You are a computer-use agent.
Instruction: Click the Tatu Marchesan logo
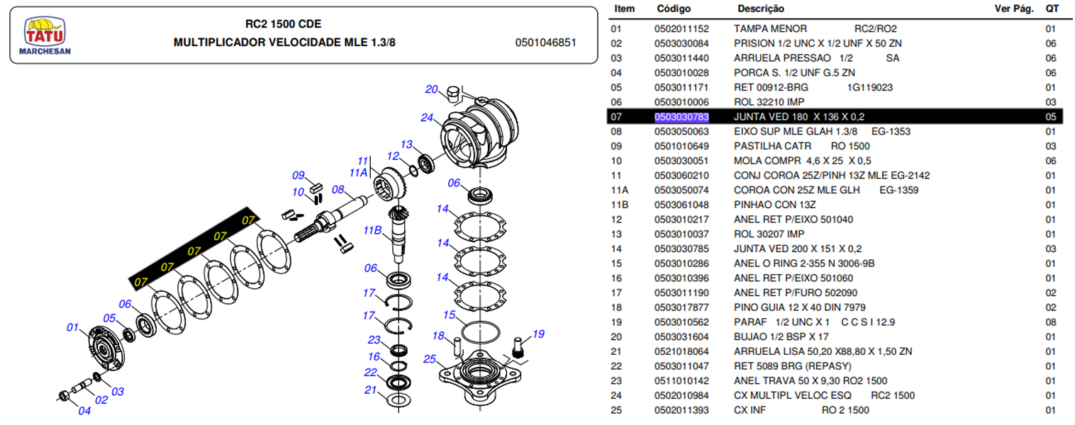[45, 36]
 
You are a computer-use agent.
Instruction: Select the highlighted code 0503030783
[681, 117]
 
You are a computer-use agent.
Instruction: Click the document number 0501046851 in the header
[545, 42]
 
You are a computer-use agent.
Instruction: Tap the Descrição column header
[761, 9]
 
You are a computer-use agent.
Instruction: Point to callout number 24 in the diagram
[427, 118]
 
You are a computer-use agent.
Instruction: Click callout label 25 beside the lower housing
[428, 358]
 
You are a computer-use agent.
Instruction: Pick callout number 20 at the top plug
[432, 89]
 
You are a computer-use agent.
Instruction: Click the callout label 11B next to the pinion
[372, 230]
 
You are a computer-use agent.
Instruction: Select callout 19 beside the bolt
[538, 334]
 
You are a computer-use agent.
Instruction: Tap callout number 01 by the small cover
[72, 327]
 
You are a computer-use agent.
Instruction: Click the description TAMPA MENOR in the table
[770, 29]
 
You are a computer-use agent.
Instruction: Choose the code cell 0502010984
[681, 395]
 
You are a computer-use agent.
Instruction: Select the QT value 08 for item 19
[1051, 322]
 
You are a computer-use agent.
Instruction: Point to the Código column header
[673, 9]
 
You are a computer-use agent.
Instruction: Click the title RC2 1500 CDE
[284, 25]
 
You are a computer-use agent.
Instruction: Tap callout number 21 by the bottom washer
[371, 390]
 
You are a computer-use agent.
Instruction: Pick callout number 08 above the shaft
[338, 190]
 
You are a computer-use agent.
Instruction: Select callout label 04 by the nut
[84, 410]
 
